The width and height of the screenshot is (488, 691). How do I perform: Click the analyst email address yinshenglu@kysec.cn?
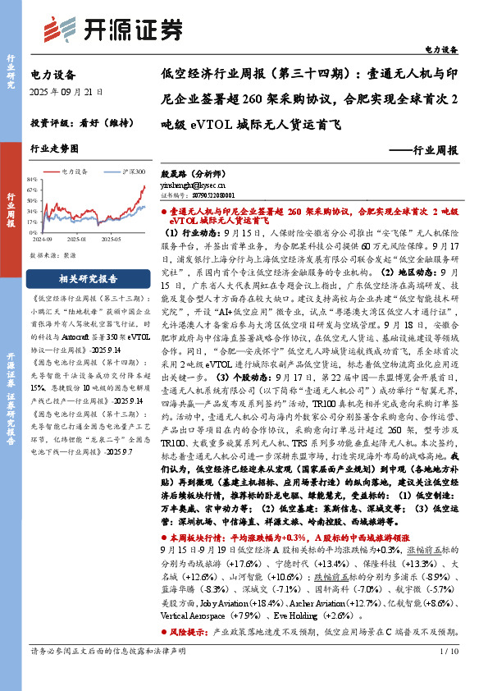click(x=197, y=185)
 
